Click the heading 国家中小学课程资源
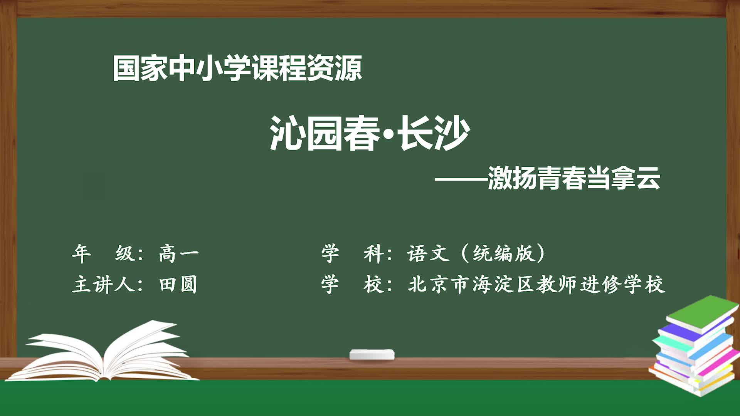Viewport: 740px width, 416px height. pyautogui.click(x=237, y=68)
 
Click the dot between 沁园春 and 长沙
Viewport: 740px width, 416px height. pyautogui.click(x=389, y=133)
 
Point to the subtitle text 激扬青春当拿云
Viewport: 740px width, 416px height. pyautogui.click(x=574, y=178)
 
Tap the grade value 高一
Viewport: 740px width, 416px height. pyautogui.click(x=179, y=253)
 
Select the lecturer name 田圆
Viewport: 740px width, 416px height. pyautogui.click(x=178, y=285)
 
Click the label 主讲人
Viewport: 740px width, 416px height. pyautogui.click(x=103, y=285)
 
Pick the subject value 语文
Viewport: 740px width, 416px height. pyautogui.click(x=428, y=253)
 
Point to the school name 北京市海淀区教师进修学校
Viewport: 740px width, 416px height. pyautogui.click(x=536, y=285)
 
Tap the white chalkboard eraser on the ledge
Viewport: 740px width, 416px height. pyautogui.click(x=372, y=354)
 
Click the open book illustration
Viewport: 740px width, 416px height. pyautogui.click(x=102, y=351)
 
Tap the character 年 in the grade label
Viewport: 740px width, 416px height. pyautogui.click(x=81, y=253)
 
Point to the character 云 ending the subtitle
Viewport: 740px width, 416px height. pyautogui.click(x=649, y=178)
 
